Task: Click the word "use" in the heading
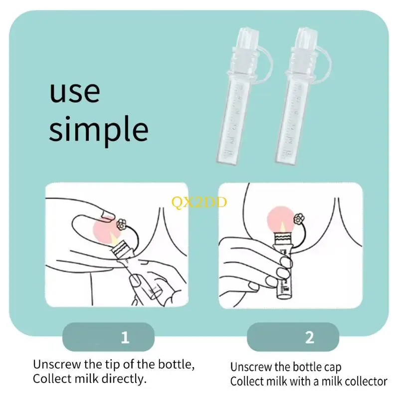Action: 75,92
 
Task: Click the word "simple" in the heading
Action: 99,129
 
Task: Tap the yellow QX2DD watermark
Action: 199,203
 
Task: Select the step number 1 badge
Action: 108,337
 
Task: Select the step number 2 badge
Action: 293,337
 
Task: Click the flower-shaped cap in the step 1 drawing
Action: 121,224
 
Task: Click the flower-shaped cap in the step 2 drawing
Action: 299,219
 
